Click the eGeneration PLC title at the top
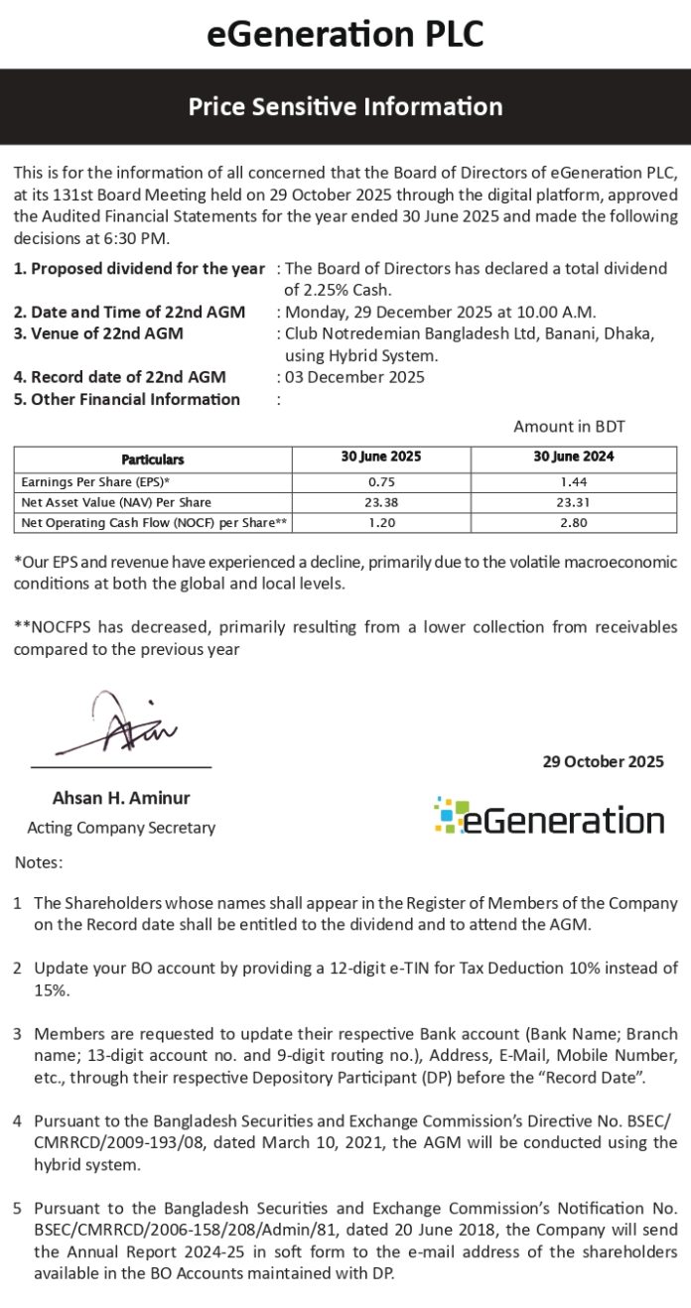pos(345,35)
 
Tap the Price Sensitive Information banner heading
pos(345,106)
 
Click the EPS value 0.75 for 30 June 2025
pos(381,481)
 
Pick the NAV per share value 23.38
pos(381,502)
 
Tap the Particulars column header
pos(152,459)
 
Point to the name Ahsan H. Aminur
pos(121,798)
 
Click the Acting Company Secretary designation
pos(121,828)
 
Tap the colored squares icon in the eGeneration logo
pos(449,815)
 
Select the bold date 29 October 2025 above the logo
pos(603,762)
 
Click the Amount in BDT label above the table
pos(569,427)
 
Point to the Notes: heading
pos(38,862)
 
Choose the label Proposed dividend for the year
pos(139,269)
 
